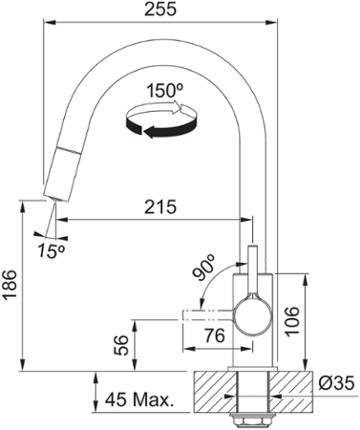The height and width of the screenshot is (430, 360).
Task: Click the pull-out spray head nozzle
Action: [x=59, y=172]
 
